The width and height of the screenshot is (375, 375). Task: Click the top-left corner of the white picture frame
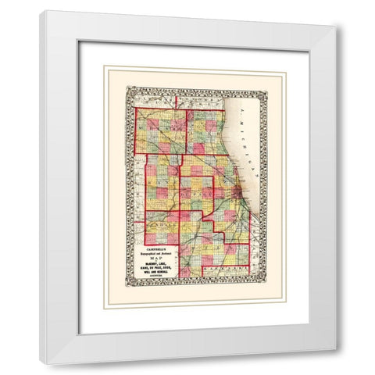pyautogui.click(x=41, y=12)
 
